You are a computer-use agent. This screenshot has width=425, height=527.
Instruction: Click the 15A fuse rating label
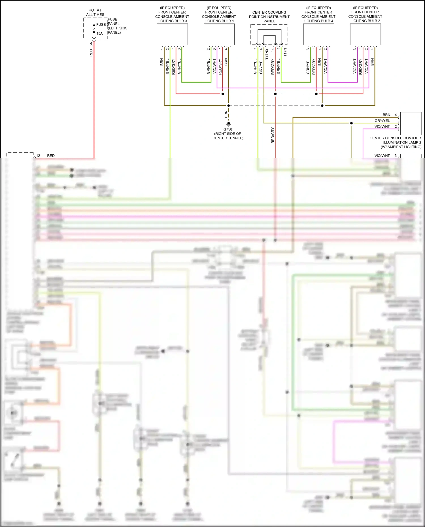coord(99,33)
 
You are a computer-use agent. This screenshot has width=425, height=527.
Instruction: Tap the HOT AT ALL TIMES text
coord(95,12)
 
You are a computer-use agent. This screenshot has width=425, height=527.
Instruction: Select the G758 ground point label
coord(228,129)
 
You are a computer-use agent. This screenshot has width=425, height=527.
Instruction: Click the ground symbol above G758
coord(228,124)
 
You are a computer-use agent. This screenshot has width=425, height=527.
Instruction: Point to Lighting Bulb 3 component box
coord(172,34)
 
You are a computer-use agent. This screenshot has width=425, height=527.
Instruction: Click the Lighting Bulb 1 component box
coord(219,34)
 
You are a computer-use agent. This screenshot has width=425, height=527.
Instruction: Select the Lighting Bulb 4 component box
coord(318,34)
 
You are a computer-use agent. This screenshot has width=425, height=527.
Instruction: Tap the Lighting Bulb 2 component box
coord(365,34)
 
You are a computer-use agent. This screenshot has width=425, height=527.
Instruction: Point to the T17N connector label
coord(285,52)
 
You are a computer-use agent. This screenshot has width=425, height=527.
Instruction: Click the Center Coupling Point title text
coord(269,17)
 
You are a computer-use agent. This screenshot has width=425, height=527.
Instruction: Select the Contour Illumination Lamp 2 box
coord(411,123)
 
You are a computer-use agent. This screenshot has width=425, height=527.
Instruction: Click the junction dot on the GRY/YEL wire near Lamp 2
coord(351,123)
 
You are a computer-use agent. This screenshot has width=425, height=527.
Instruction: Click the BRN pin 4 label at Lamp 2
coord(390,115)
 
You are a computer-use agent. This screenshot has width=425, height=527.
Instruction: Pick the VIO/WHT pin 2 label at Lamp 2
coord(385,127)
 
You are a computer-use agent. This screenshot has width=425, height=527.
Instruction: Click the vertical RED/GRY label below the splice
coord(273,135)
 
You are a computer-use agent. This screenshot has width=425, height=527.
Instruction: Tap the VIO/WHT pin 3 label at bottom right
coord(385,156)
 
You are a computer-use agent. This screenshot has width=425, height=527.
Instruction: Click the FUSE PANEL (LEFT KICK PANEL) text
coord(117,26)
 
